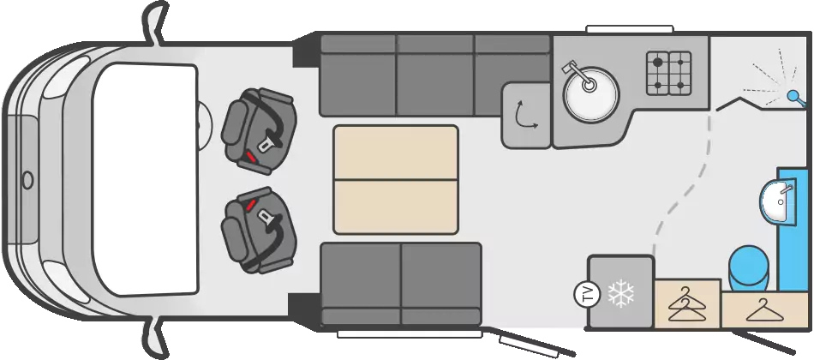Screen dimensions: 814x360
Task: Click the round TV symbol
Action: pyautogui.click(x=587, y=295)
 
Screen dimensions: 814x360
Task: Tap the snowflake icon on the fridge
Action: pyautogui.click(x=621, y=294)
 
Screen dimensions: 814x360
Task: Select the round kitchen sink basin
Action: pyautogui.click(x=592, y=95)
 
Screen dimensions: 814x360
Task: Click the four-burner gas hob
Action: pyautogui.click(x=668, y=73)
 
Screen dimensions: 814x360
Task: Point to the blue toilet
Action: pyautogui.click(x=749, y=267)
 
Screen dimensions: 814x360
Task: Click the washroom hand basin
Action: pyautogui.click(x=777, y=201)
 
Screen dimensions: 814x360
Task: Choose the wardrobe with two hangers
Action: pyautogui.click(x=687, y=304)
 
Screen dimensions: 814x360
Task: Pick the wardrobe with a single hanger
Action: pyautogui.click(x=764, y=309)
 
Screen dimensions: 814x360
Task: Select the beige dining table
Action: pyautogui.click(x=396, y=179)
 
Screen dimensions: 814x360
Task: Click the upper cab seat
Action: pyautogui.click(x=259, y=131)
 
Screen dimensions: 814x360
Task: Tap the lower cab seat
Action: pyautogui.click(x=259, y=230)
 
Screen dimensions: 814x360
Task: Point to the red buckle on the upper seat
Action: pyautogui.click(x=250, y=156)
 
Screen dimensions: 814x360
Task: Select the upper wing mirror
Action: pyautogui.click(x=155, y=21)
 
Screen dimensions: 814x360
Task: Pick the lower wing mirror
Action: pyautogui.click(x=155, y=338)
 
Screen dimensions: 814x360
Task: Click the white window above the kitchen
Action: pyautogui.click(x=629, y=29)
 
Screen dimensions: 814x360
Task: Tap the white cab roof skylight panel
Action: pyautogui.click(x=146, y=180)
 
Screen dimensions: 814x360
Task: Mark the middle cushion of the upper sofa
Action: pyautogui.click(x=435, y=75)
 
